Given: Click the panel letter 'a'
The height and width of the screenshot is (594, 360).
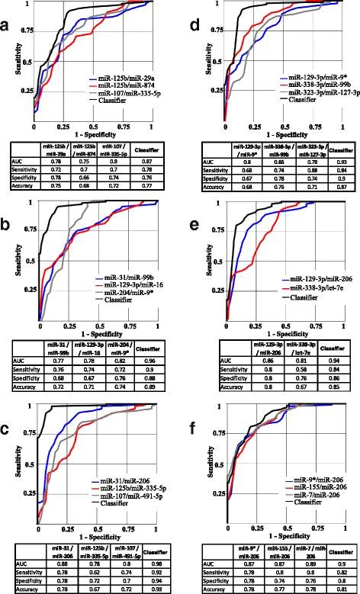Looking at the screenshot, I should point(7,28).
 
